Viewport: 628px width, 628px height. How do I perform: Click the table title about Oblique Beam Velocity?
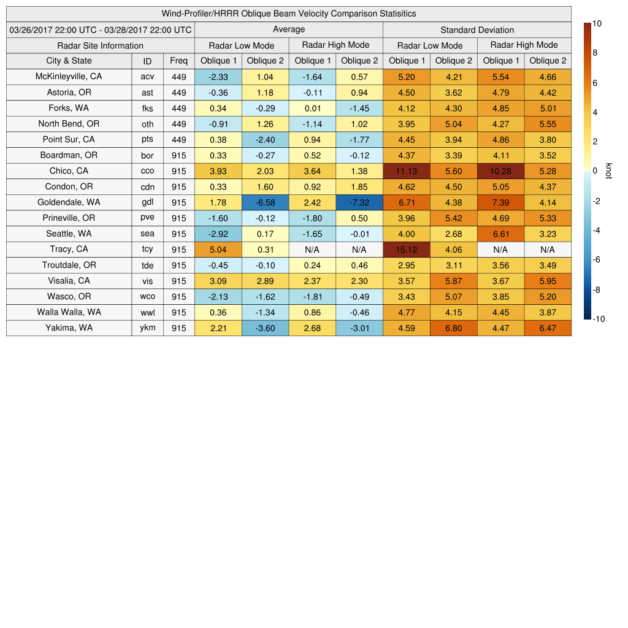pyautogui.click(x=288, y=13)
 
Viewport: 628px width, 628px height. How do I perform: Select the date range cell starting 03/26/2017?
pyautogui.click(x=100, y=29)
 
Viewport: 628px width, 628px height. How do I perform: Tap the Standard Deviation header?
pyautogui.click(x=477, y=29)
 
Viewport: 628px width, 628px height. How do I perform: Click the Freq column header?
pyautogui.click(x=178, y=61)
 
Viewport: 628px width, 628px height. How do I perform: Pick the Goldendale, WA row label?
pyautogui.click(x=69, y=202)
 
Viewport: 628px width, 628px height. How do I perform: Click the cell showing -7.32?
pyautogui.click(x=359, y=202)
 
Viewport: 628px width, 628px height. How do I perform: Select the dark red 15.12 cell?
pyautogui.click(x=406, y=250)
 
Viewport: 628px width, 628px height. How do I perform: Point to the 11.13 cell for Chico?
pyautogui.click(x=406, y=171)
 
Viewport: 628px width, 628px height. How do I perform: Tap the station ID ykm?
pyautogui.click(x=147, y=327)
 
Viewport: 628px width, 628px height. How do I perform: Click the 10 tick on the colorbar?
pyautogui.click(x=597, y=23)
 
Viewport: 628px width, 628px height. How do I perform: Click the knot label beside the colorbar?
pyautogui.click(x=608, y=170)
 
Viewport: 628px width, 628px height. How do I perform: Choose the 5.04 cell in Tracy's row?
pyautogui.click(x=218, y=250)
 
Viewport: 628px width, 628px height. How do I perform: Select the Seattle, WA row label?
pyautogui.click(x=69, y=234)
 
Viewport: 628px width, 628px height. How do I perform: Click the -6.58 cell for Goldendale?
pyautogui.click(x=265, y=202)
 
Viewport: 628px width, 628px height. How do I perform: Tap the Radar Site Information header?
pyautogui.click(x=100, y=45)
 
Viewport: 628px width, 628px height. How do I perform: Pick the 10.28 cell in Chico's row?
pyautogui.click(x=500, y=171)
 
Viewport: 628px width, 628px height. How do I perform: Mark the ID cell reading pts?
pyautogui.click(x=147, y=139)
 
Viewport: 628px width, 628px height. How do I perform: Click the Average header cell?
pyautogui.click(x=288, y=29)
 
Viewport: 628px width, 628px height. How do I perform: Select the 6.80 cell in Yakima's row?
pyautogui.click(x=453, y=327)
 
